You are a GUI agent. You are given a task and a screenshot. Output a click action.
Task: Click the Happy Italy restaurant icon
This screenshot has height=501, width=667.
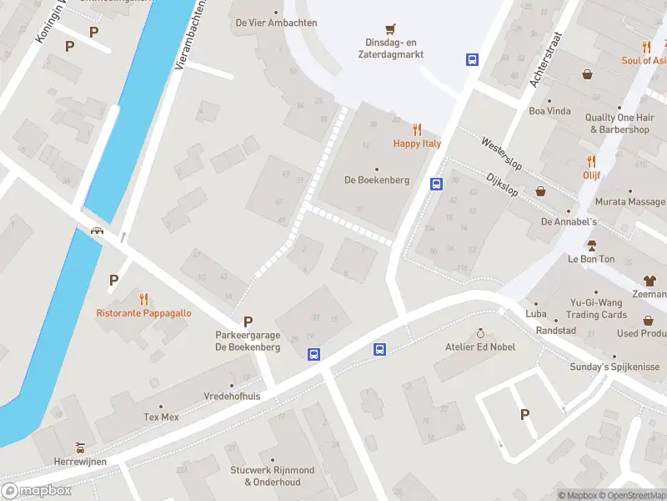point(417,129)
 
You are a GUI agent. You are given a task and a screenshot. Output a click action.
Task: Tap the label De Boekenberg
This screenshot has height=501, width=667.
point(376,180)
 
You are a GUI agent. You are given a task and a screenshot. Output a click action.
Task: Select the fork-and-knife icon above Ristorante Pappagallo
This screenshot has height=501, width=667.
point(143,298)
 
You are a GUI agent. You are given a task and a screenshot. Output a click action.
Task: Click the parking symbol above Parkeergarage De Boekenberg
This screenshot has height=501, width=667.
point(248,321)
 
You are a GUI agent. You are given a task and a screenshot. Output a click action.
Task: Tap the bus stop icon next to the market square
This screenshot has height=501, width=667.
point(472,59)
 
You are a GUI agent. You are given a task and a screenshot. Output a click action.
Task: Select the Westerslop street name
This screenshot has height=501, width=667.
point(500,154)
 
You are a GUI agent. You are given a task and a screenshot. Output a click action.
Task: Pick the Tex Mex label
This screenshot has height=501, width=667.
point(162,417)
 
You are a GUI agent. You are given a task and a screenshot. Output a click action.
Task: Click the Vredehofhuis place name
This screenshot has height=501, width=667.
point(232,397)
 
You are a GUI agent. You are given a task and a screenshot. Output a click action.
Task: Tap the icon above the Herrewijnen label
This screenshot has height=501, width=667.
point(79,446)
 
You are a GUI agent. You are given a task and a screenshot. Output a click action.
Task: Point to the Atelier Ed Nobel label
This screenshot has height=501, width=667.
point(479,347)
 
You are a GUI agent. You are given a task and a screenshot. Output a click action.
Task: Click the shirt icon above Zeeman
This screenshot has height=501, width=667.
point(649,280)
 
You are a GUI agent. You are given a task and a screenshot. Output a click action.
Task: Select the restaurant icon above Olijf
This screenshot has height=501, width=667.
point(592,161)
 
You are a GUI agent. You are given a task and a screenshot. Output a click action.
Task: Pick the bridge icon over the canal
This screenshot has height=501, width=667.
point(98,231)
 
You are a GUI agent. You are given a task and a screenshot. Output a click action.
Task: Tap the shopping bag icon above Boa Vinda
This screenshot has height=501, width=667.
point(588,74)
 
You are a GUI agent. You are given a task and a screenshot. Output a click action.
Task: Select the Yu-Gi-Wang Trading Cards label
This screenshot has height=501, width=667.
point(596,309)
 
